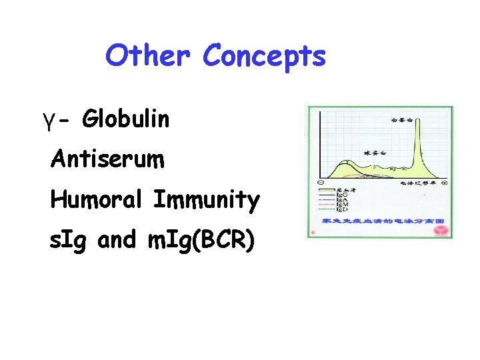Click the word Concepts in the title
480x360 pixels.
265,56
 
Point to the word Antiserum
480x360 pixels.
107,159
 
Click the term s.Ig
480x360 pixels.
71,239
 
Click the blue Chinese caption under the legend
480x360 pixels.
383,221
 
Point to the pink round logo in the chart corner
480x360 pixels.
441,231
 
